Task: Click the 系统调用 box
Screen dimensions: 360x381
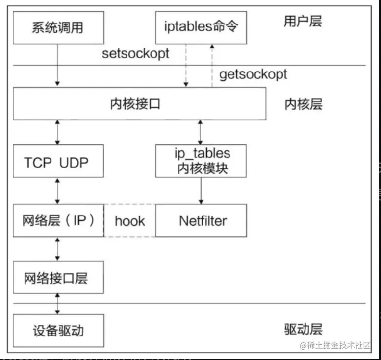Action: [58, 27]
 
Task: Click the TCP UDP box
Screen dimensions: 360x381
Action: [58, 162]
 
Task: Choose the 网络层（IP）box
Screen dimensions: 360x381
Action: [58, 220]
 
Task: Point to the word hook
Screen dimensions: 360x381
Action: [129, 221]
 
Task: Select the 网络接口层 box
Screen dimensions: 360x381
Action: [58, 278]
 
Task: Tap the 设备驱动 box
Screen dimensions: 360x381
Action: [58, 331]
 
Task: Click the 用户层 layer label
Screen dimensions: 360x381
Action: [303, 21]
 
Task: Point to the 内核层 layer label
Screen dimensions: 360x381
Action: [303, 104]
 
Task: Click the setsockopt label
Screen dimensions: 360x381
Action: [135, 53]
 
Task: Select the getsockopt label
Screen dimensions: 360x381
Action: [253, 74]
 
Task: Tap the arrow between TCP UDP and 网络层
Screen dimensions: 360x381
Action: [58, 191]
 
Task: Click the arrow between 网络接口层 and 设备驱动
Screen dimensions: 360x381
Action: [58, 304]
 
